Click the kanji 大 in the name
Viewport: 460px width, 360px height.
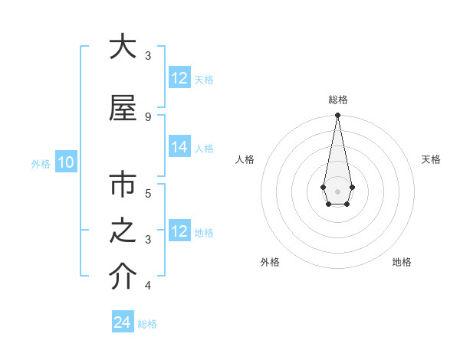[x=122, y=47]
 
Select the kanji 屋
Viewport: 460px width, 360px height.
[x=122, y=108]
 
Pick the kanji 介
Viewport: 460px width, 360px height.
[x=122, y=278]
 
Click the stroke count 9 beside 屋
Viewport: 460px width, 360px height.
[x=147, y=116]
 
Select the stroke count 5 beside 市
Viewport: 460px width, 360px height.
[x=147, y=193]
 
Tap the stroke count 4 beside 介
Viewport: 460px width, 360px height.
[x=147, y=286]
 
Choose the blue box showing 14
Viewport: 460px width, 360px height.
[x=179, y=148]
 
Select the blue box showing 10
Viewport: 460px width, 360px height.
[x=66, y=162]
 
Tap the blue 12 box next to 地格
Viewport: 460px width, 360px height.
[x=179, y=232]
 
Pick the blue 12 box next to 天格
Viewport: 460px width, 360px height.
[x=179, y=79]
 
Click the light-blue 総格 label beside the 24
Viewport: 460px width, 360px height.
[x=147, y=324]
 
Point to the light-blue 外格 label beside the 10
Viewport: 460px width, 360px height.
[x=41, y=163]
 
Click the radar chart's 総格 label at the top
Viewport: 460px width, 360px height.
[x=337, y=100]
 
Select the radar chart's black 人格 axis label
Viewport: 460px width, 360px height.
[x=245, y=159]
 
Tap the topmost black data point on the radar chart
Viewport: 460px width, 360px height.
[x=337, y=116]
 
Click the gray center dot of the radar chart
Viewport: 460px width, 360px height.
[x=337, y=190]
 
